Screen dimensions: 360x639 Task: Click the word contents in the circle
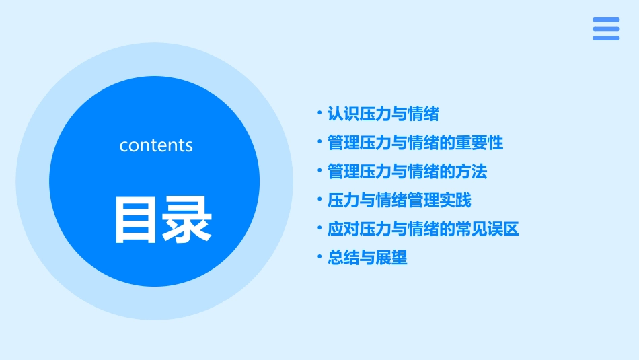(x=156, y=145)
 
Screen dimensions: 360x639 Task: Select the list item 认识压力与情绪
(x=383, y=114)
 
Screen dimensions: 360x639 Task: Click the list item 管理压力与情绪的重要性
(x=415, y=143)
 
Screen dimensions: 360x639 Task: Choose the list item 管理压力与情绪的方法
(x=407, y=172)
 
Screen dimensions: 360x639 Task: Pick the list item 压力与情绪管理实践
(x=399, y=201)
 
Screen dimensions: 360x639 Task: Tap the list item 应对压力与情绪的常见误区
(x=423, y=229)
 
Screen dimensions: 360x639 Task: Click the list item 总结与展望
(x=367, y=258)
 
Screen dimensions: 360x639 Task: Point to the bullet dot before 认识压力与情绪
(x=319, y=114)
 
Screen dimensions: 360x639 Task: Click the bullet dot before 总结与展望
(x=319, y=258)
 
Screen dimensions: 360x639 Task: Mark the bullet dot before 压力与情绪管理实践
(x=319, y=201)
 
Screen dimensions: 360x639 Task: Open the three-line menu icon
(x=606, y=29)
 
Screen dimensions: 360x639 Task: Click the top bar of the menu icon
(x=606, y=20)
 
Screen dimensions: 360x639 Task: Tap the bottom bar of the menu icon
(x=606, y=38)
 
